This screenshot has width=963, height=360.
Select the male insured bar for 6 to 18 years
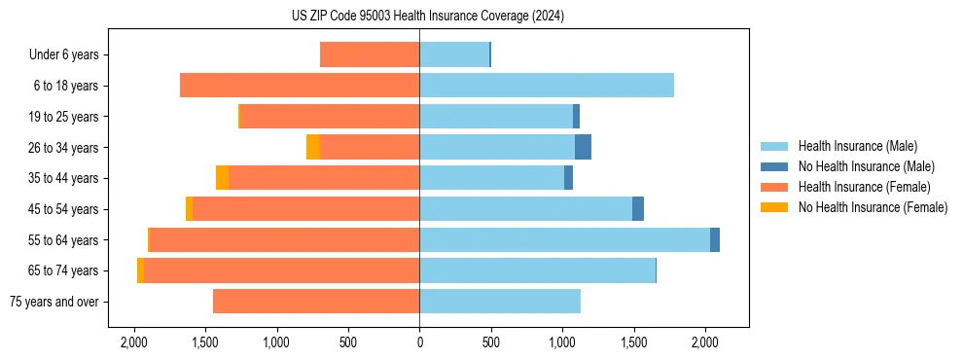click(x=547, y=86)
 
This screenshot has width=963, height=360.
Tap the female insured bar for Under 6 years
click(x=370, y=54)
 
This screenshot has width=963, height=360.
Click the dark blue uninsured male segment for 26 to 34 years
click(x=583, y=147)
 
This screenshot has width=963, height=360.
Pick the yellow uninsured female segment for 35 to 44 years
click(x=222, y=178)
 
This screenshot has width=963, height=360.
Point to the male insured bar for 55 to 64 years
click(x=564, y=239)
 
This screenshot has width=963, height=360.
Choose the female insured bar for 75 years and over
click(x=316, y=302)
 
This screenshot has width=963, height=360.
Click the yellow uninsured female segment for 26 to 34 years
click(x=313, y=147)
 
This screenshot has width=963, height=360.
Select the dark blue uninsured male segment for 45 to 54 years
click(x=638, y=208)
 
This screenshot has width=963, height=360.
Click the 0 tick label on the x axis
click(x=419, y=342)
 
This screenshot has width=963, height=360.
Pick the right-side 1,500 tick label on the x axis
click(x=634, y=342)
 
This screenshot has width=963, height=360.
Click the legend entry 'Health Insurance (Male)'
click(x=857, y=146)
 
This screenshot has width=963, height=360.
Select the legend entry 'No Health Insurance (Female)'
click(x=873, y=207)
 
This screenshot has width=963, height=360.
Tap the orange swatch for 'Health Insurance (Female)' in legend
click(x=774, y=187)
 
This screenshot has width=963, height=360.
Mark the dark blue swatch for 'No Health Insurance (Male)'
click(x=774, y=166)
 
